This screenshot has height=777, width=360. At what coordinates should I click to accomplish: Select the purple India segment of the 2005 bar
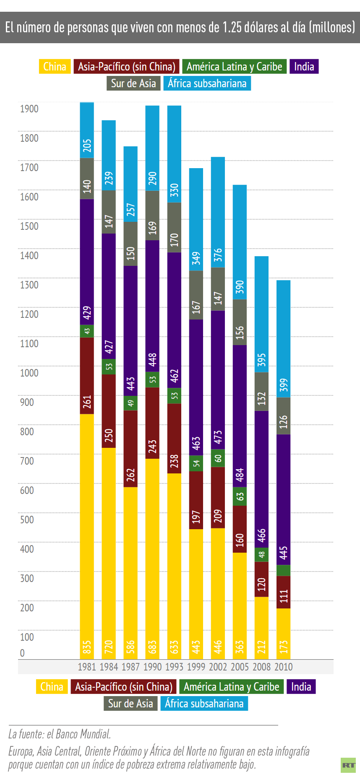[x=240, y=415]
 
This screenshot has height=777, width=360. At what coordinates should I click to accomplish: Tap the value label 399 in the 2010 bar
[x=284, y=385]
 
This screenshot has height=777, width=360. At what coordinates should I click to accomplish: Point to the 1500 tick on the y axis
[x=29, y=226]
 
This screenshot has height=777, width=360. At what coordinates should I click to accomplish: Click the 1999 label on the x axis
[x=196, y=667]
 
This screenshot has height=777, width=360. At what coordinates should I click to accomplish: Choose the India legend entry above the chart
[x=304, y=67]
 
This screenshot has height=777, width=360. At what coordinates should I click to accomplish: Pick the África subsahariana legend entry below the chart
[x=204, y=703]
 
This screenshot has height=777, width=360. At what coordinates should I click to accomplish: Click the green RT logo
[x=348, y=765]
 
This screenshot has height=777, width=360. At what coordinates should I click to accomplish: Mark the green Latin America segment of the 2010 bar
[x=284, y=570]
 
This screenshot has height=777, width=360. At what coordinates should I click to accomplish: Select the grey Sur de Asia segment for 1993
[x=174, y=227]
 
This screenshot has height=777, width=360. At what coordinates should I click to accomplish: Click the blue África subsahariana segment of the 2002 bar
[x=218, y=212]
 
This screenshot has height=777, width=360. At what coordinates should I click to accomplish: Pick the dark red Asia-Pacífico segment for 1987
[x=130, y=449]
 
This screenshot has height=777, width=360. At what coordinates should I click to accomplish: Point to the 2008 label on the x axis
[x=261, y=667]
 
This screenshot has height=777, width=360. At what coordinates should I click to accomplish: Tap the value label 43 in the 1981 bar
[x=87, y=331]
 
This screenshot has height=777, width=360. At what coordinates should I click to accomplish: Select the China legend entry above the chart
[x=55, y=67]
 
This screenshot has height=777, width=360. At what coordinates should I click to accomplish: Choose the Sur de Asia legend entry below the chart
[x=130, y=703]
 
